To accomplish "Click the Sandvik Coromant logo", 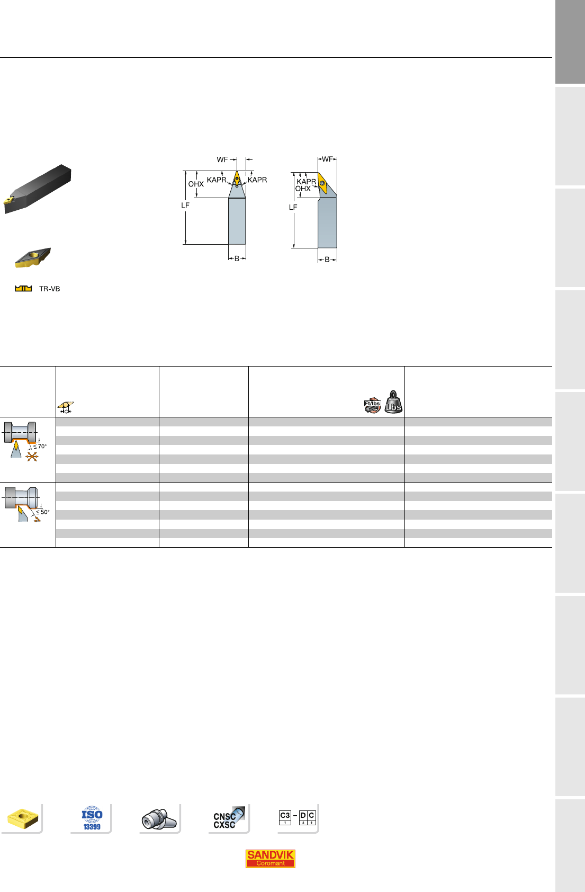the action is pos(270,858).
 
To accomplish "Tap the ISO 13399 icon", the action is pos(92,818).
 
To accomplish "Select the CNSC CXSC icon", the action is pos(228,818).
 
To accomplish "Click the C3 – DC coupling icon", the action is pos(298,817).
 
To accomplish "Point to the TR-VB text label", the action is pos(49,289).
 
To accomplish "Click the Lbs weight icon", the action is pos(393,402).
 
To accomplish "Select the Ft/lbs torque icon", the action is pos(373,405).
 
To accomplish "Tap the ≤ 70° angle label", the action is pos(40,447).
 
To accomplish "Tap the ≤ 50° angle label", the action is pos(43,512).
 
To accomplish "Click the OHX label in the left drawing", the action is pos(196,184).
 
